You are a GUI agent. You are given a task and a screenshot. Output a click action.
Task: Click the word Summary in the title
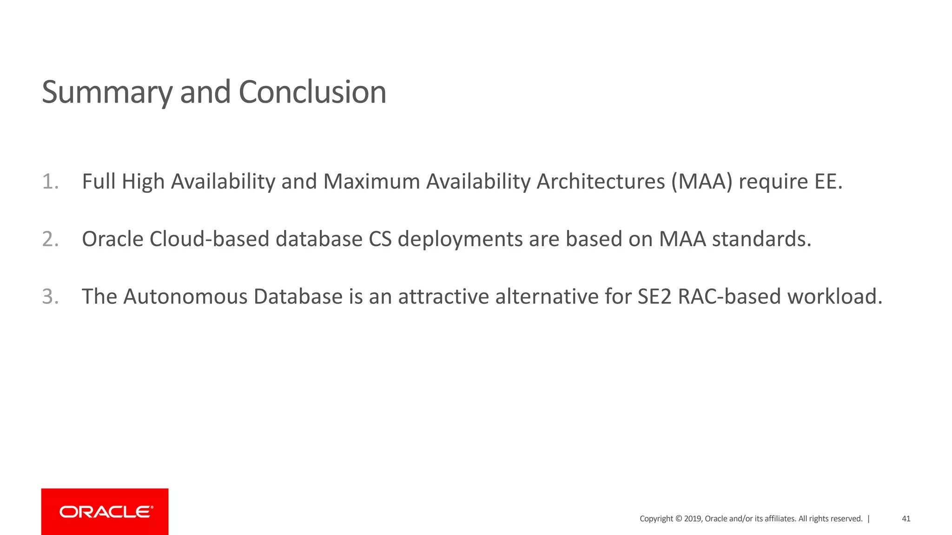(107, 93)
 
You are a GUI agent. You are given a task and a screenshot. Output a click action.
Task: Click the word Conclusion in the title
(312, 92)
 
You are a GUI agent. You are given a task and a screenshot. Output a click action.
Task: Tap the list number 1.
(50, 182)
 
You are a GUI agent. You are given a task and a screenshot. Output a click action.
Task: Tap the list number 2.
(50, 239)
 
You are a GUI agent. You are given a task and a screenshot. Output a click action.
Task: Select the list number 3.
(50, 297)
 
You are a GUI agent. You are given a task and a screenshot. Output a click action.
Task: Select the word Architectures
(601, 182)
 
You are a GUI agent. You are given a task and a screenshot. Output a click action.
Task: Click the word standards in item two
(761, 239)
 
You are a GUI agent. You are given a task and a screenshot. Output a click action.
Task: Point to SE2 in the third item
(654, 297)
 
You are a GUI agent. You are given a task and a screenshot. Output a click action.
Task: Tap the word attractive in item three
(443, 297)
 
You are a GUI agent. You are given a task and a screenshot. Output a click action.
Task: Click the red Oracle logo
(105, 512)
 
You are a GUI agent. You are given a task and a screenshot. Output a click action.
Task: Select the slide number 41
(906, 519)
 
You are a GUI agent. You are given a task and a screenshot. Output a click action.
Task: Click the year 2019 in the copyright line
(693, 519)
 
